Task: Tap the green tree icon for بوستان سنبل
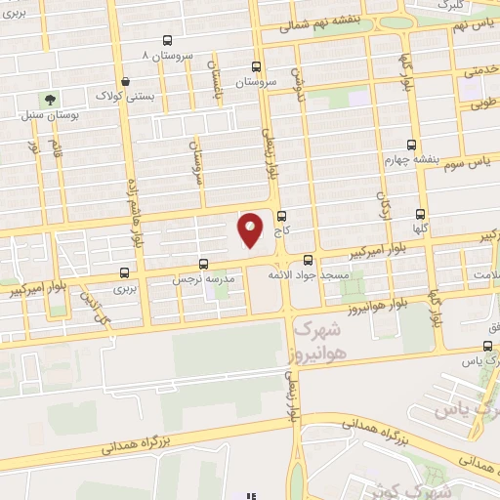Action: (48, 99)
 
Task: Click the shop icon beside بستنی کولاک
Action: (123, 83)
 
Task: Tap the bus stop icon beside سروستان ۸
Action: (168, 41)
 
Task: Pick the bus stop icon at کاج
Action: (282, 216)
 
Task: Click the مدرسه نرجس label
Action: (202, 278)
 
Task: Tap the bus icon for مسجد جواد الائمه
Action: (308, 260)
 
